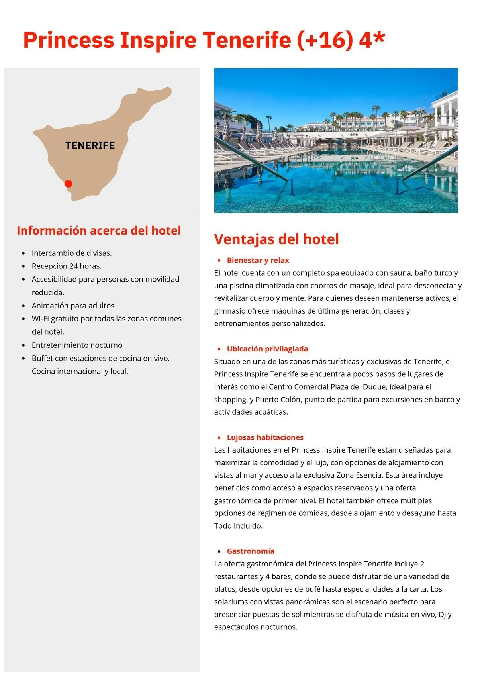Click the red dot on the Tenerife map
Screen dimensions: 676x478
(x=68, y=184)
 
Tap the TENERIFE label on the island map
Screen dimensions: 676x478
(x=90, y=145)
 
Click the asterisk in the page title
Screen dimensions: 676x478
(x=380, y=38)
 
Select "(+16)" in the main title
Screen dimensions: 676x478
(x=325, y=40)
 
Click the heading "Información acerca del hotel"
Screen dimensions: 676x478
(x=99, y=231)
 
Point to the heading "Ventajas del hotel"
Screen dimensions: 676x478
(x=276, y=239)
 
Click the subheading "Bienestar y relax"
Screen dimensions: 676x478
(x=258, y=260)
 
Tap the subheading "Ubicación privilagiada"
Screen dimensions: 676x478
(x=267, y=349)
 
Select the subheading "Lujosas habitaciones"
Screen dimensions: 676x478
(x=265, y=437)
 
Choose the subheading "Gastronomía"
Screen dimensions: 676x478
(x=251, y=551)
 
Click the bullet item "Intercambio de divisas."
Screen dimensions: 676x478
(x=72, y=253)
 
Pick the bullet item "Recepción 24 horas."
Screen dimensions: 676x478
(x=67, y=266)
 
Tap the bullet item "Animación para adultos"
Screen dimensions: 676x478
(x=73, y=306)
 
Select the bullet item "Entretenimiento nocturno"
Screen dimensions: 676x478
(x=77, y=345)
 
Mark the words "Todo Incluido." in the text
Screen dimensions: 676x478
(x=238, y=526)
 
